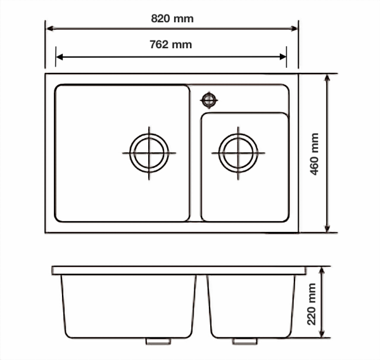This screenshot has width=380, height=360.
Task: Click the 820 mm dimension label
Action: click(172, 18)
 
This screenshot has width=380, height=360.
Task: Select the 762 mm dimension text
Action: click(172, 44)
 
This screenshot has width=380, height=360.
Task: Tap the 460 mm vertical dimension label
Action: click(315, 153)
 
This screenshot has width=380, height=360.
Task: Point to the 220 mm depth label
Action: click(312, 304)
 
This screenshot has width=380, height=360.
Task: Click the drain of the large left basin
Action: click(149, 152)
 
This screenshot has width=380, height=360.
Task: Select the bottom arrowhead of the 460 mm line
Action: click(327, 229)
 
